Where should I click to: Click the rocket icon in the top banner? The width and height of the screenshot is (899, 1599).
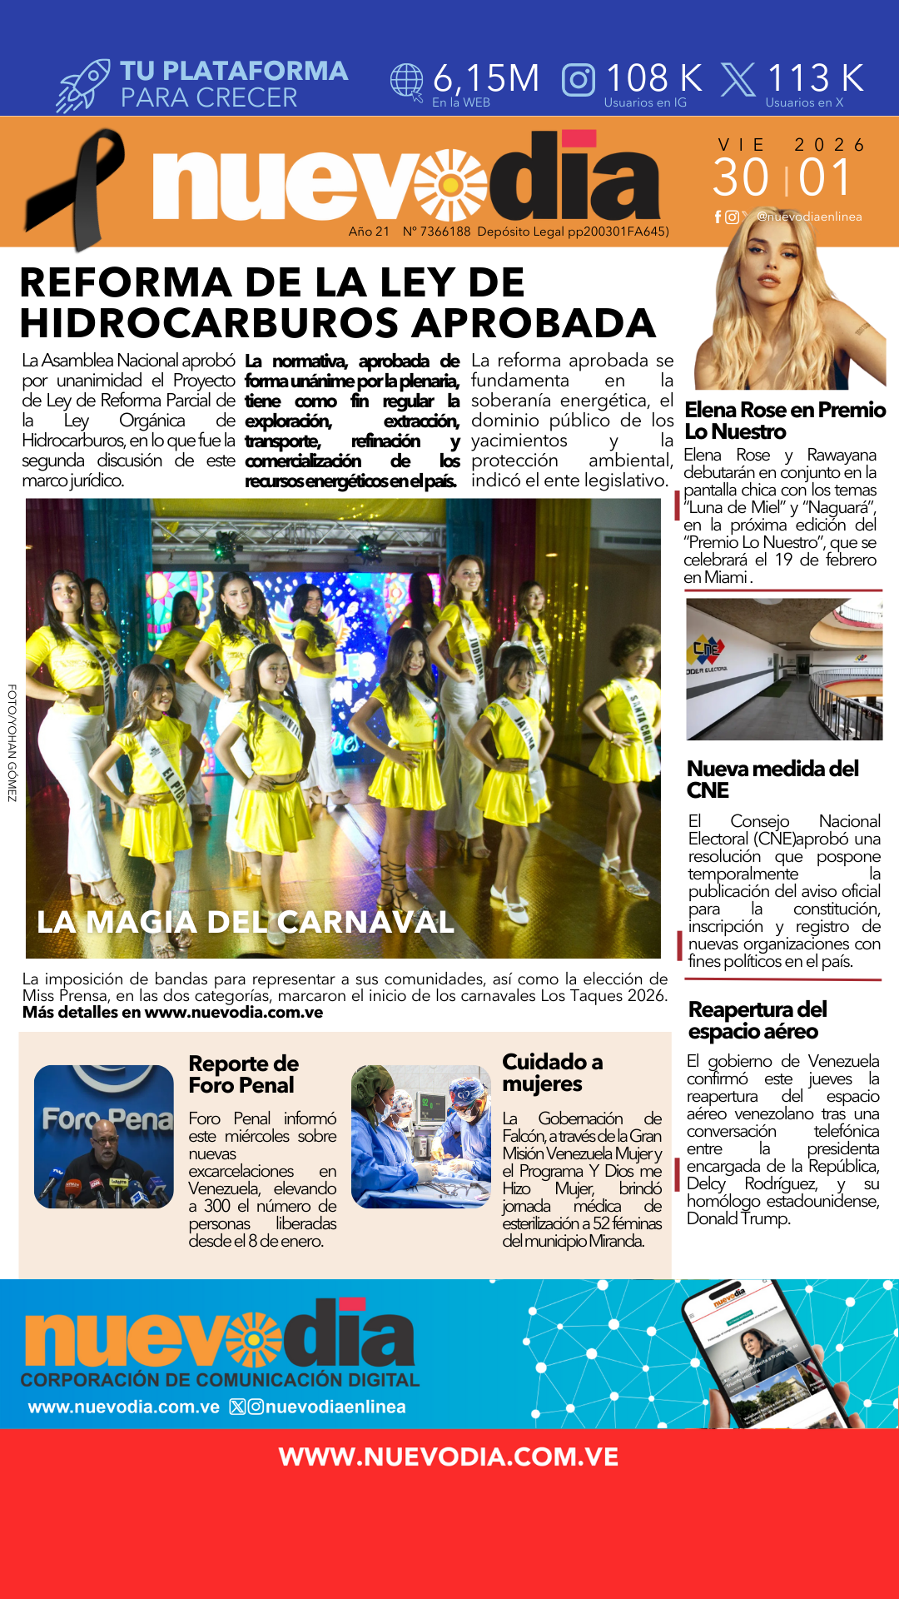(x=83, y=85)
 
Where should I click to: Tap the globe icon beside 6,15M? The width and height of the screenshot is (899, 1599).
(x=407, y=82)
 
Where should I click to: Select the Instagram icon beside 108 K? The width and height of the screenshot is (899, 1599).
(x=579, y=80)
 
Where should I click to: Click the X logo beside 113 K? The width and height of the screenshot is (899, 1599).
(x=738, y=80)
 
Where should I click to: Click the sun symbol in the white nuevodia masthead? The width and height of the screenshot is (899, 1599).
(x=451, y=184)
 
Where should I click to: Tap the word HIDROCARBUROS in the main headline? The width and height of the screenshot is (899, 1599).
(x=207, y=323)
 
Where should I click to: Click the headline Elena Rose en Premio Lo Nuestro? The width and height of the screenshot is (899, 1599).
(x=784, y=421)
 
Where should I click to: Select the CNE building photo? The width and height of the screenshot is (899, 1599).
(x=784, y=669)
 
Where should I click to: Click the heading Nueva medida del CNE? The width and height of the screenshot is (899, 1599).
(x=772, y=779)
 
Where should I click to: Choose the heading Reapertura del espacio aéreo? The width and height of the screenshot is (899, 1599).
(x=757, y=1020)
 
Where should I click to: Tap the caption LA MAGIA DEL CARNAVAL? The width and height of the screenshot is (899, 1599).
(x=246, y=922)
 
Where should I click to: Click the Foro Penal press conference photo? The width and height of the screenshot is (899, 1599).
(x=104, y=1137)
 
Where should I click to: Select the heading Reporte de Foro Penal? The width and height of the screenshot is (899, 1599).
(x=243, y=1074)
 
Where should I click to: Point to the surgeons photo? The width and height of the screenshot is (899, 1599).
(x=421, y=1137)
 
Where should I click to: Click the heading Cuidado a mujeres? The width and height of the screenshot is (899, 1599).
(x=552, y=1073)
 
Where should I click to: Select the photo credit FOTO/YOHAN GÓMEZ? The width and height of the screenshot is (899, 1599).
(x=12, y=743)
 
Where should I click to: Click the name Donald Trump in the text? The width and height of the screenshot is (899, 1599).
(x=738, y=1218)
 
